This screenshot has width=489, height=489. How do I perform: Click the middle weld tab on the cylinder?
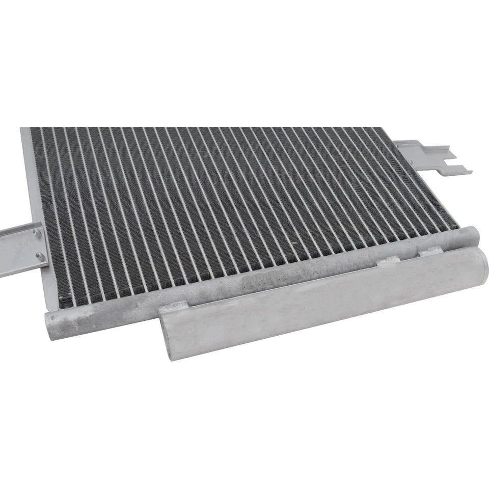click(388, 261)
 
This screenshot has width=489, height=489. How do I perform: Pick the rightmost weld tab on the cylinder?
click(429, 251)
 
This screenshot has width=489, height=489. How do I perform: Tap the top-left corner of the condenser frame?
click(23, 130)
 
